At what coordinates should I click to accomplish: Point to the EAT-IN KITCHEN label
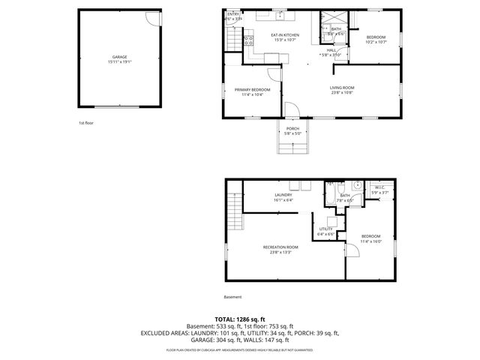coord(285,34)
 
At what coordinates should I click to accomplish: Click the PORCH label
coord(292,128)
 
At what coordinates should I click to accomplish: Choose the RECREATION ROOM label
coord(280,248)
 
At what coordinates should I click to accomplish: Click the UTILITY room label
coord(325,229)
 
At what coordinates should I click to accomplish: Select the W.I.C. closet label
coord(379,187)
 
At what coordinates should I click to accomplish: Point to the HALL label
coord(331,51)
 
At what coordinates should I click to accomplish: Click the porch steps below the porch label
coord(292,145)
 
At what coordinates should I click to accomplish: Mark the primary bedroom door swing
coord(274,72)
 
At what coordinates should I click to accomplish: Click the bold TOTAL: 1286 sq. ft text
coord(240,319)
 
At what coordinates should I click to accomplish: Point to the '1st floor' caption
coord(86,122)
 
